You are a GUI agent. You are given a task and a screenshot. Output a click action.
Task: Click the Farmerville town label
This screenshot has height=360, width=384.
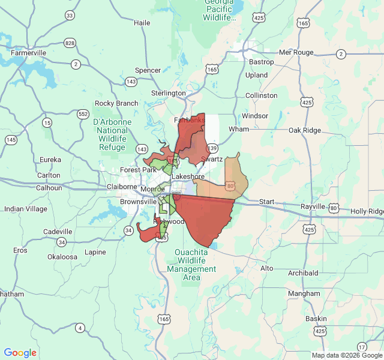coord(28,53)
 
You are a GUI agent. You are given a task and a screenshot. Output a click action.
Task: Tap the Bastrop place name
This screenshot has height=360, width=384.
coord(261,62)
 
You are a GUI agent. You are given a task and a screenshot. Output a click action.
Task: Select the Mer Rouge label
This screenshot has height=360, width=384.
coord(296,52)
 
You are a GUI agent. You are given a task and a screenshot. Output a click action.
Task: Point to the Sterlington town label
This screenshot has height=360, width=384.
coord(169,93)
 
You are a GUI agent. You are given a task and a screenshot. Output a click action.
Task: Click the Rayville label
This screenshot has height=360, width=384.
coord(313,206)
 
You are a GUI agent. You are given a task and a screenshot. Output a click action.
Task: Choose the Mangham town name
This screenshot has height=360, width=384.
coord(304,293)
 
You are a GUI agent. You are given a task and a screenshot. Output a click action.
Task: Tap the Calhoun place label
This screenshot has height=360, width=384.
coord(49,188)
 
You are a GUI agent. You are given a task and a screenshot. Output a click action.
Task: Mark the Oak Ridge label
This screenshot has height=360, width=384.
coord(305,130)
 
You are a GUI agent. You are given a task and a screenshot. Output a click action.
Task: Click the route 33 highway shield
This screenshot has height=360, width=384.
coord(70,15)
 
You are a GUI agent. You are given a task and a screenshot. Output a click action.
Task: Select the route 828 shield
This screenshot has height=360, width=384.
coord(70,43)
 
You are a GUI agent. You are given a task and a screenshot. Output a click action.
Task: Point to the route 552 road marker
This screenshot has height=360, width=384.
coord(83,113)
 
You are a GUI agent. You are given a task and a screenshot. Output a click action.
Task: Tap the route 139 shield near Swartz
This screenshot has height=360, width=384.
coord(212,148)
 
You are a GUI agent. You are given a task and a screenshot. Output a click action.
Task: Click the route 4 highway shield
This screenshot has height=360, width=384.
coord(80,328)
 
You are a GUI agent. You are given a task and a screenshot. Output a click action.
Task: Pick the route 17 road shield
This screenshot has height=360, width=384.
coord(361,347)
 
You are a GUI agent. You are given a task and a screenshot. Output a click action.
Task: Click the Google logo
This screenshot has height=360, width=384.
coord(20,353)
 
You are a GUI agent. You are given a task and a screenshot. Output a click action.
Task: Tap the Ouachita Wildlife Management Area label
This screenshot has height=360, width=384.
coord(191,261)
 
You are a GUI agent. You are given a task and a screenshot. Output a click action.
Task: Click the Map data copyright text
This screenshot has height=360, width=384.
coord(347,355)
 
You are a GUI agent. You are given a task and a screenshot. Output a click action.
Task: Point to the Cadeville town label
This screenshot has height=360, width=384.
coord(58,232)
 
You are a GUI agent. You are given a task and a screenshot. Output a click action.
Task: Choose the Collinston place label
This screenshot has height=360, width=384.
coord(261,95)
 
